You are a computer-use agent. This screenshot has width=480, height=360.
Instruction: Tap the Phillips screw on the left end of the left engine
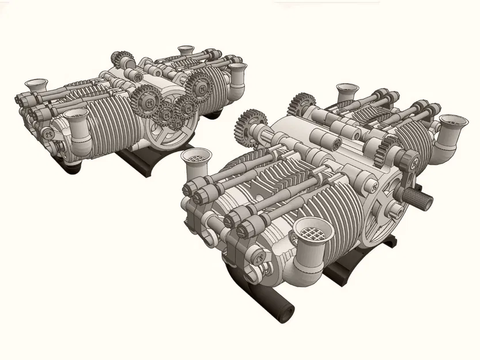[x=50, y=134]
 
